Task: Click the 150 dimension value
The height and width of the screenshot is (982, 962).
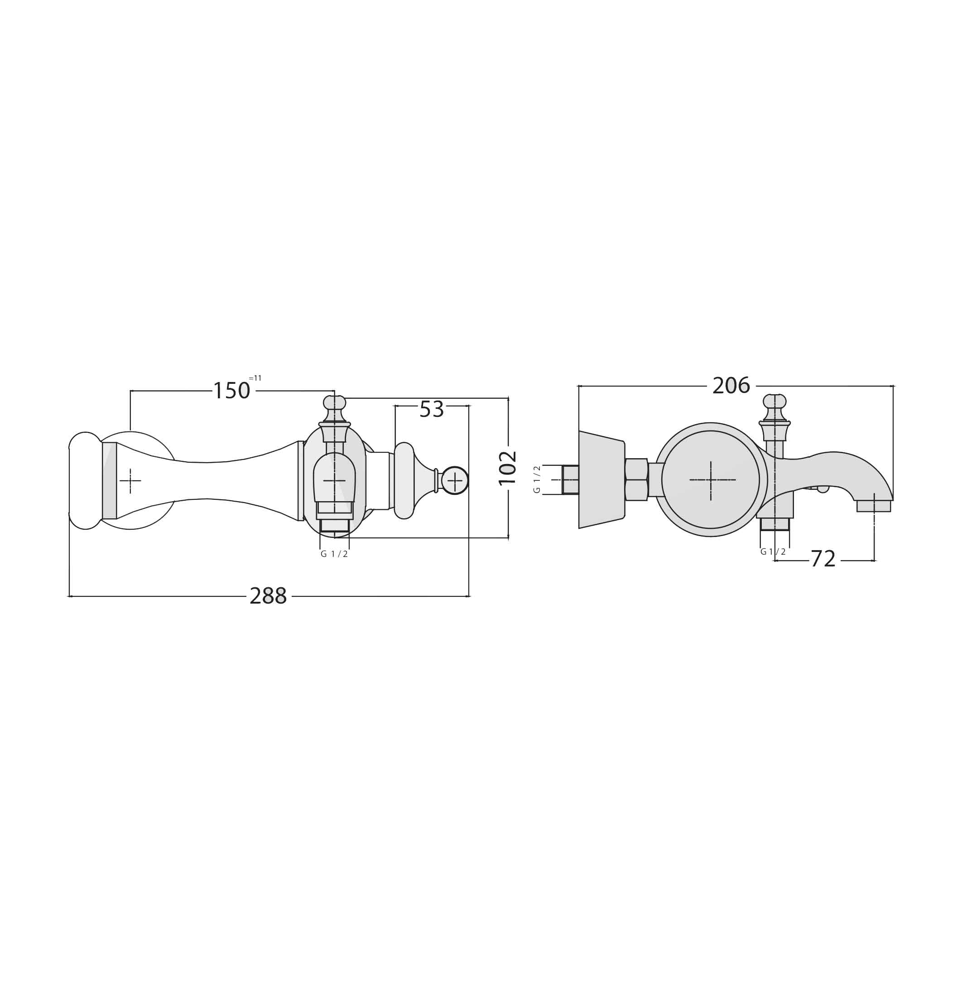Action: coord(231,391)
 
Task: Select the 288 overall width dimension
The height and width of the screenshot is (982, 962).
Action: coord(268,596)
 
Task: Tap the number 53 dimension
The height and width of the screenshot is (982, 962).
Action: coord(432,409)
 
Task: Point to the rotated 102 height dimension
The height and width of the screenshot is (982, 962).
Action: coord(508,468)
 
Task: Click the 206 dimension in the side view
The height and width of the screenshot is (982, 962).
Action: coord(731,386)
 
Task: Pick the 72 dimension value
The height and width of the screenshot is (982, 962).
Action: coord(823,559)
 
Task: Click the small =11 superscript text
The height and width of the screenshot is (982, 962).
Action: coord(255,378)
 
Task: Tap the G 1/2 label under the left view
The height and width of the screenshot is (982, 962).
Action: coord(334,554)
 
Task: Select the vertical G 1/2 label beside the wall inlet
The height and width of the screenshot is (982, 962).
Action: coord(537,479)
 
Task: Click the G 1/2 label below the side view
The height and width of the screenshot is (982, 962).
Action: coord(773,552)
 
